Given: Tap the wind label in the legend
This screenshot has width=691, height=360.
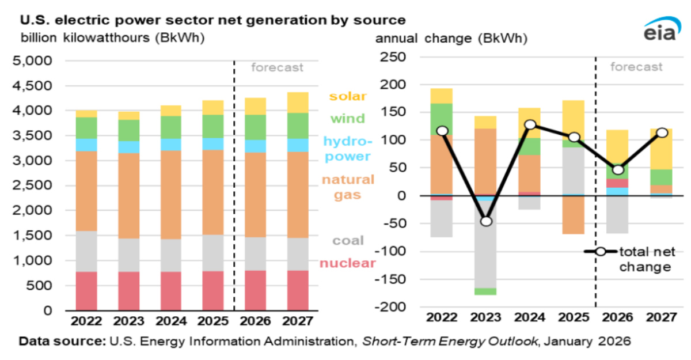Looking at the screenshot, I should coord(347,119).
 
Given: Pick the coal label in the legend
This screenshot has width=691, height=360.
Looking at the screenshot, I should coord(347,241).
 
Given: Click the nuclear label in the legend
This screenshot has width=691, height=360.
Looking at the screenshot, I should coord(347,263).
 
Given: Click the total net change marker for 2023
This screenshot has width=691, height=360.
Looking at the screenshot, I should coord(487,221).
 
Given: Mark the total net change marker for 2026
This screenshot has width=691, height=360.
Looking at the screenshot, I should coord(617,170).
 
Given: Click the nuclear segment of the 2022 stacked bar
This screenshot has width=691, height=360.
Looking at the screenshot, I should coord(86,291).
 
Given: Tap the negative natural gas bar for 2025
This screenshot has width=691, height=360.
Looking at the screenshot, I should coord(574,214).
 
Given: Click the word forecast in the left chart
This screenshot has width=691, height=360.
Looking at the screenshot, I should coord(277,67).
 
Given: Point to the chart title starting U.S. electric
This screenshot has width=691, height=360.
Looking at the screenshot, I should coord(213,20).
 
